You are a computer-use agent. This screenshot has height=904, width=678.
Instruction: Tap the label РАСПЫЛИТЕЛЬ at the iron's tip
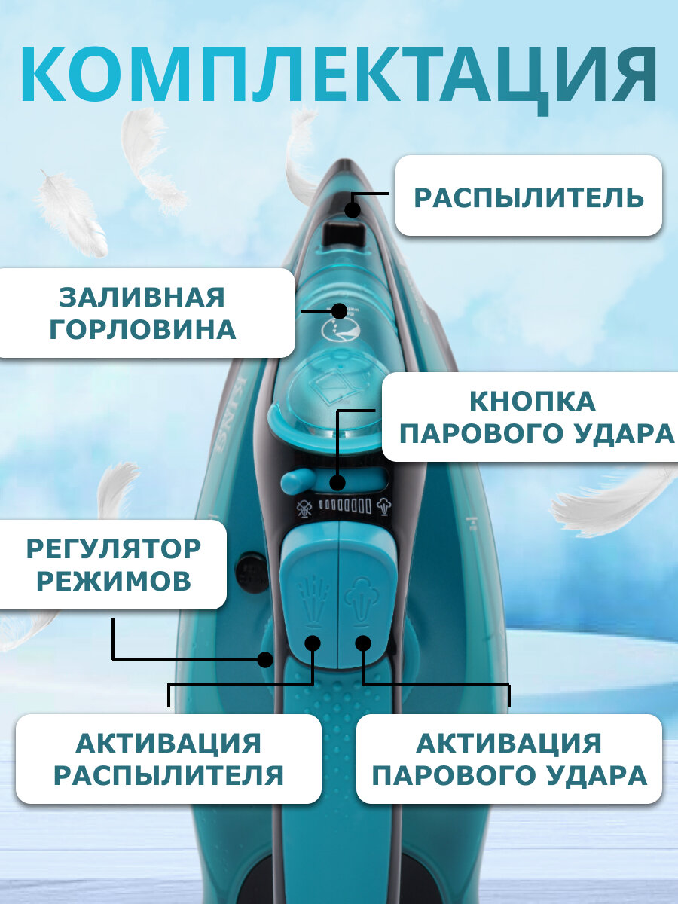tap(529, 197)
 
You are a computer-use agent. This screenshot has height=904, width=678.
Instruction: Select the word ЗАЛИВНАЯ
tap(142, 297)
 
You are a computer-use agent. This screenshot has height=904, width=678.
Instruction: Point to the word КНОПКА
tap(532, 401)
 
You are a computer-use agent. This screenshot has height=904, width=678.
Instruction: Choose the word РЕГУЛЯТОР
tap(114, 548)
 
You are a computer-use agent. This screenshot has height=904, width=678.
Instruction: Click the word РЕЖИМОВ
tap(114, 581)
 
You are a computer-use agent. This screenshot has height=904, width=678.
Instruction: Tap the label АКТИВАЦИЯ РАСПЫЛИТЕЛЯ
tap(169, 759)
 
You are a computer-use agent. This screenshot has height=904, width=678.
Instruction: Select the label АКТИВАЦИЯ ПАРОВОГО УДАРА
tap(509, 759)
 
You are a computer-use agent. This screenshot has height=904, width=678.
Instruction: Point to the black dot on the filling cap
tap(340, 310)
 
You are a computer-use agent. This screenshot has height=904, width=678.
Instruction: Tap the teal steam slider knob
tap(296, 480)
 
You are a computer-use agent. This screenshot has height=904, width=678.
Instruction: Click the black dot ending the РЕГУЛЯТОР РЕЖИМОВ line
tap(264, 659)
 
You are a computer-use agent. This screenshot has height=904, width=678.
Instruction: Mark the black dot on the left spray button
tap(313, 643)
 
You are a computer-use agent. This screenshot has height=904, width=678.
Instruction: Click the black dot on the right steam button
tap(363, 643)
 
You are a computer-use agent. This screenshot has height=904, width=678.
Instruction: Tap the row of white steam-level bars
tap(344, 507)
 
